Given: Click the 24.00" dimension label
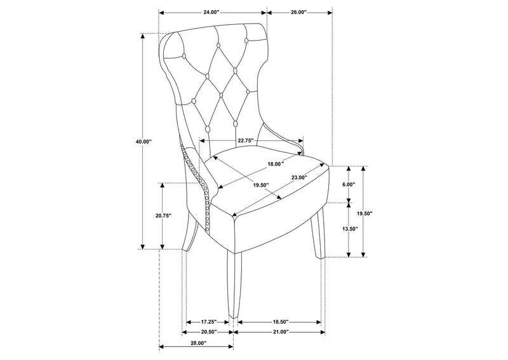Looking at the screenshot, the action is [211, 12].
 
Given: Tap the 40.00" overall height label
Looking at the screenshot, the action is [144, 142].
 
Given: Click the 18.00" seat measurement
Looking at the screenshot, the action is [276, 164].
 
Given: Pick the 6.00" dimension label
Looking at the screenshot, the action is [349, 184].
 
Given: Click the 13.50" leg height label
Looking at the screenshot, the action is [349, 229].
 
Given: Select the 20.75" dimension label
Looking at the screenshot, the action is [163, 215].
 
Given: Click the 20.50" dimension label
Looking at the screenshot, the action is [208, 332].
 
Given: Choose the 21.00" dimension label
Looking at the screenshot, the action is [280, 332].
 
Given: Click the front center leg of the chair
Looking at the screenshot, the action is [234, 284].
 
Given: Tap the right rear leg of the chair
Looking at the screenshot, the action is [317, 232].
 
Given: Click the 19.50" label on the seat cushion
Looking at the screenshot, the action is [261, 185].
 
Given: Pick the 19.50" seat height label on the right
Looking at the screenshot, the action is [364, 213].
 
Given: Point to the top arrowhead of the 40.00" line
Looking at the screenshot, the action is [142, 36].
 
